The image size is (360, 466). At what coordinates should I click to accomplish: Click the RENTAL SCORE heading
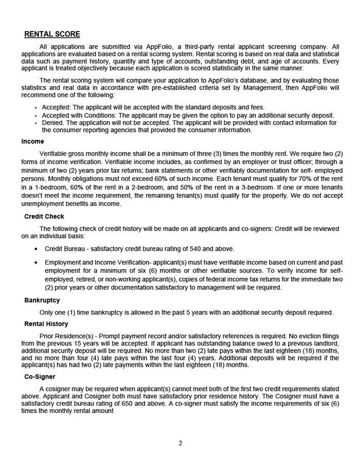52,35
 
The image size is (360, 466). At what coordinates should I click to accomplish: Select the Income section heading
33,141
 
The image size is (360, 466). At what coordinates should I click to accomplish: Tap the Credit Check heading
43,216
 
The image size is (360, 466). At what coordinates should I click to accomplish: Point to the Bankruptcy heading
42,301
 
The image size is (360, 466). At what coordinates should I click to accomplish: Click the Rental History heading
46,324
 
